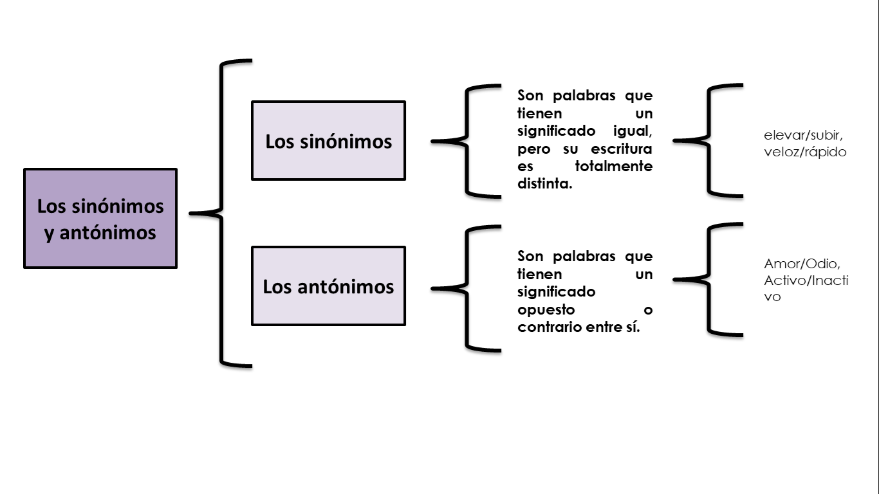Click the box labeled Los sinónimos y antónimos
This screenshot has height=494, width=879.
click(x=100, y=218)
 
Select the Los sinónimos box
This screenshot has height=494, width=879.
click(x=328, y=140)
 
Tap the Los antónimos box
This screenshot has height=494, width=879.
click(x=328, y=286)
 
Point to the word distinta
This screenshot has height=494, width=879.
click(x=544, y=185)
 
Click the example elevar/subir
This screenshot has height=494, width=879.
click(x=804, y=136)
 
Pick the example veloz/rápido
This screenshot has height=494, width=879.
click(x=805, y=152)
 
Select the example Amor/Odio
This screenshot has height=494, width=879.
click(x=802, y=264)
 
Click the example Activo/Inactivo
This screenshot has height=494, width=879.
click(x=806, y=281)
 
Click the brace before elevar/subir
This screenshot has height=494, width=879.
click(x=708, y=140)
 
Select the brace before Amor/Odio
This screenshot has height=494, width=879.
click(x=708, y=279)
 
